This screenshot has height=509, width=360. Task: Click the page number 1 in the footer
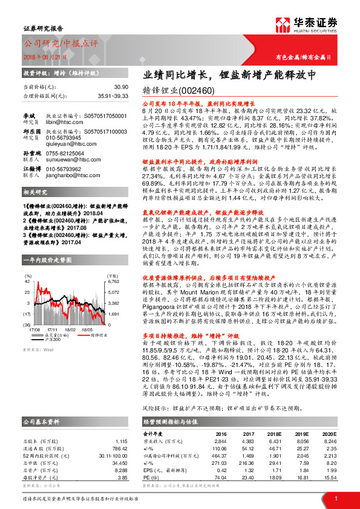click(335, 498)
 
